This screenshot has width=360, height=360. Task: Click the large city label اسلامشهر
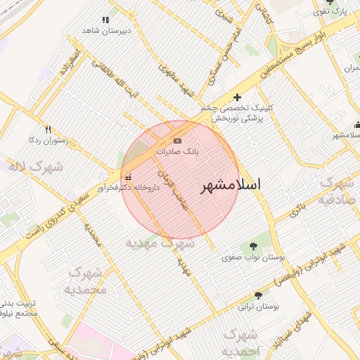[231, 185]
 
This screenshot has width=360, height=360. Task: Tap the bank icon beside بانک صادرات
[176, 141]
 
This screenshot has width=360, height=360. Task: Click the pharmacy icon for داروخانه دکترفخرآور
[127, 177]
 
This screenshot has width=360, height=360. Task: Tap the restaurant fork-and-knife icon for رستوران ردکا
[48, 129]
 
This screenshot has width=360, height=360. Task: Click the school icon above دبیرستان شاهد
[105, 20]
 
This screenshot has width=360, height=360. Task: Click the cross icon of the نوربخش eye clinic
[237, 97]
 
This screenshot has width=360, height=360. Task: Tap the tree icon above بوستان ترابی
[258, 295]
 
